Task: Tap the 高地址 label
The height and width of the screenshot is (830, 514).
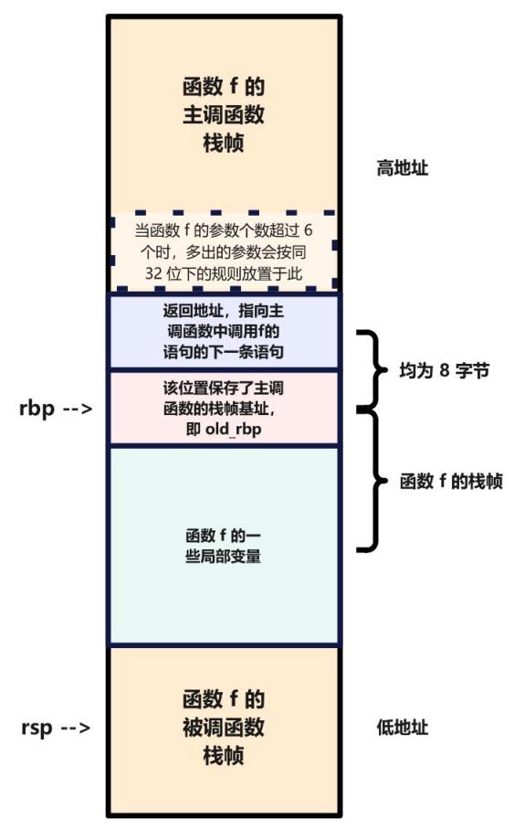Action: [402, 168]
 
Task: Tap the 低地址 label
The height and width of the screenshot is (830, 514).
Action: [402, 728]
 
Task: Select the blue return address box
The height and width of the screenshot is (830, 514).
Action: [224, 331]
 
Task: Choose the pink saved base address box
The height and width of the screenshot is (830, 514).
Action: [224, 408]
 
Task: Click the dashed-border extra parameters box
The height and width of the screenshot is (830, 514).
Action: [224, 251]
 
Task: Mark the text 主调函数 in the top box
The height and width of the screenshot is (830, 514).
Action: [224, 116]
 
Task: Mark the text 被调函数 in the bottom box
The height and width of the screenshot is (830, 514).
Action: [224, 729]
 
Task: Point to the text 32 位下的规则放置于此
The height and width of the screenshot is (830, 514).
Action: [224, 272]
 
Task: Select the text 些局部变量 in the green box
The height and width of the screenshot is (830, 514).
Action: [224, 555]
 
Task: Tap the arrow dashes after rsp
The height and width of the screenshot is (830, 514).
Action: [77, 728]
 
